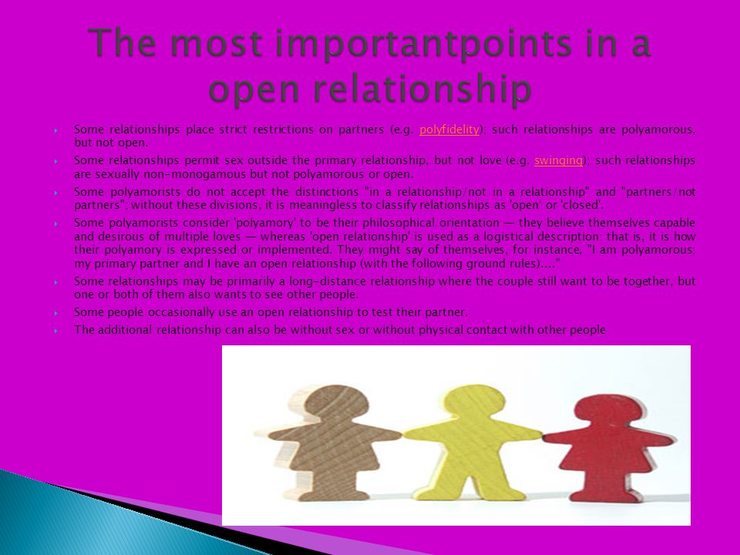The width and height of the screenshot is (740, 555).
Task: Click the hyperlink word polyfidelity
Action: coord(449,129)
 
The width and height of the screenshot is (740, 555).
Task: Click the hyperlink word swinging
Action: coord(558,160)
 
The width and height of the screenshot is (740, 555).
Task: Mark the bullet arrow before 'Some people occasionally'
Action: coord(56,313)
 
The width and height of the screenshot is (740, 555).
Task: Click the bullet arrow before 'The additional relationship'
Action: coord(56,331)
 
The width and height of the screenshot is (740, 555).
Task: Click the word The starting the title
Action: coord(122,42)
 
